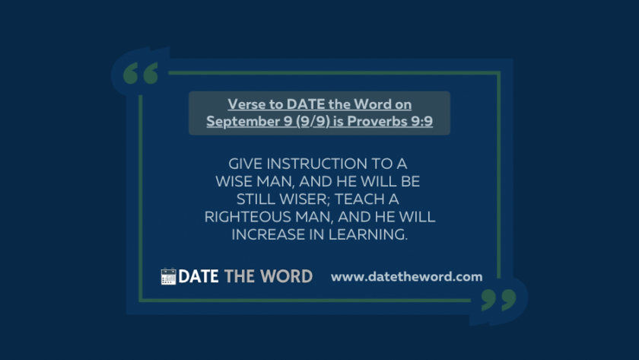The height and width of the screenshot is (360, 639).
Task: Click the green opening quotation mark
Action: [x=141, y=73]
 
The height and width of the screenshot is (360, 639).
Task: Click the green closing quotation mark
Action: [x=499, y=300]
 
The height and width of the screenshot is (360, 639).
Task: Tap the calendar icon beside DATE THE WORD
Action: [x=168, y=276]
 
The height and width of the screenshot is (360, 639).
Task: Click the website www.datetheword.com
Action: [x=407, y=277]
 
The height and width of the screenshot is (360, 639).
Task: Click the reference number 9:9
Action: [x=422, y=121]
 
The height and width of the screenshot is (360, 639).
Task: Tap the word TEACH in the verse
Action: [x=361, y=199]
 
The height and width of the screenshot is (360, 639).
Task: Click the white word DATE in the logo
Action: [x=199, y=276]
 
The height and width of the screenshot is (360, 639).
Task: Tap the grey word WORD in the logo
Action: [x=287, y=276]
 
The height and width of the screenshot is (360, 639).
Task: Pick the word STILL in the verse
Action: [x=256, y=199]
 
